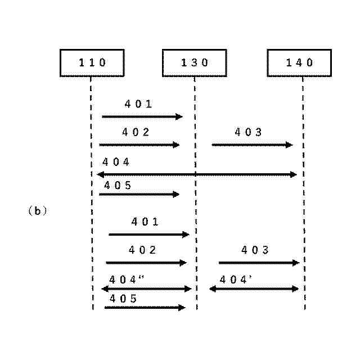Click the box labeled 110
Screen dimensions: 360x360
click(x=92, y=62)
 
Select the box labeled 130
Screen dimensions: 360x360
click(x=195, y=62)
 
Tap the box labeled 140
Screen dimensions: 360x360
click(x=299, y=62)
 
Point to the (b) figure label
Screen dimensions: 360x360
click(x=37, y=211)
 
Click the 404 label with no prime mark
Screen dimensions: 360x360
click(x=116, y=162)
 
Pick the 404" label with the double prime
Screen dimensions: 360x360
click(x=127, y=279)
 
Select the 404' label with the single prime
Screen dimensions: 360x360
click(x=236, y=279)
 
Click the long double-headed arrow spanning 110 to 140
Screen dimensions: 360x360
click(x=197, y=174)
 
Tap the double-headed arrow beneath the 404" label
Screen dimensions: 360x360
click(x=146, y=289)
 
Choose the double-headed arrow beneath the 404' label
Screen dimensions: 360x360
click(x=254, y=289)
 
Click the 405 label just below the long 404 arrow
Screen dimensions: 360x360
click(x=118, y=184)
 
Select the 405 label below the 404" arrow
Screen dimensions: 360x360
click(x=123, y=298)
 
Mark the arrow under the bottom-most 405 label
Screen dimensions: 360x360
click(x=145, y=308)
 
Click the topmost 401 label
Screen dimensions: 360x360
click(x=138, y=104)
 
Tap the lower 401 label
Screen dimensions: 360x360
click(x=145, y=222)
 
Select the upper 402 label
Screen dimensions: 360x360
click(x=136, y=133)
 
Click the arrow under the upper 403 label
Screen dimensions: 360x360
click(x=252, y=145)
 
